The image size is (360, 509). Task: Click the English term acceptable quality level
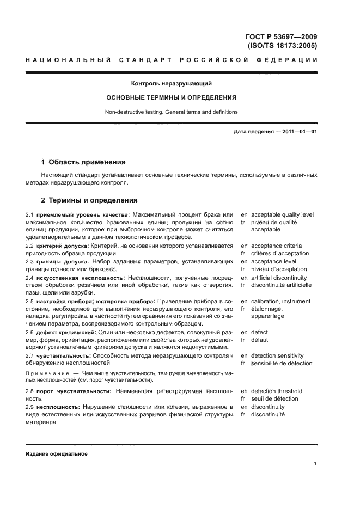click(282, 214)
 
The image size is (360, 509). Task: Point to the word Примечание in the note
click(47, 373)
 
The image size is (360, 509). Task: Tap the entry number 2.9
click(30, 407)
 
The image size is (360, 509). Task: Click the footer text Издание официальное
click(57, 453)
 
